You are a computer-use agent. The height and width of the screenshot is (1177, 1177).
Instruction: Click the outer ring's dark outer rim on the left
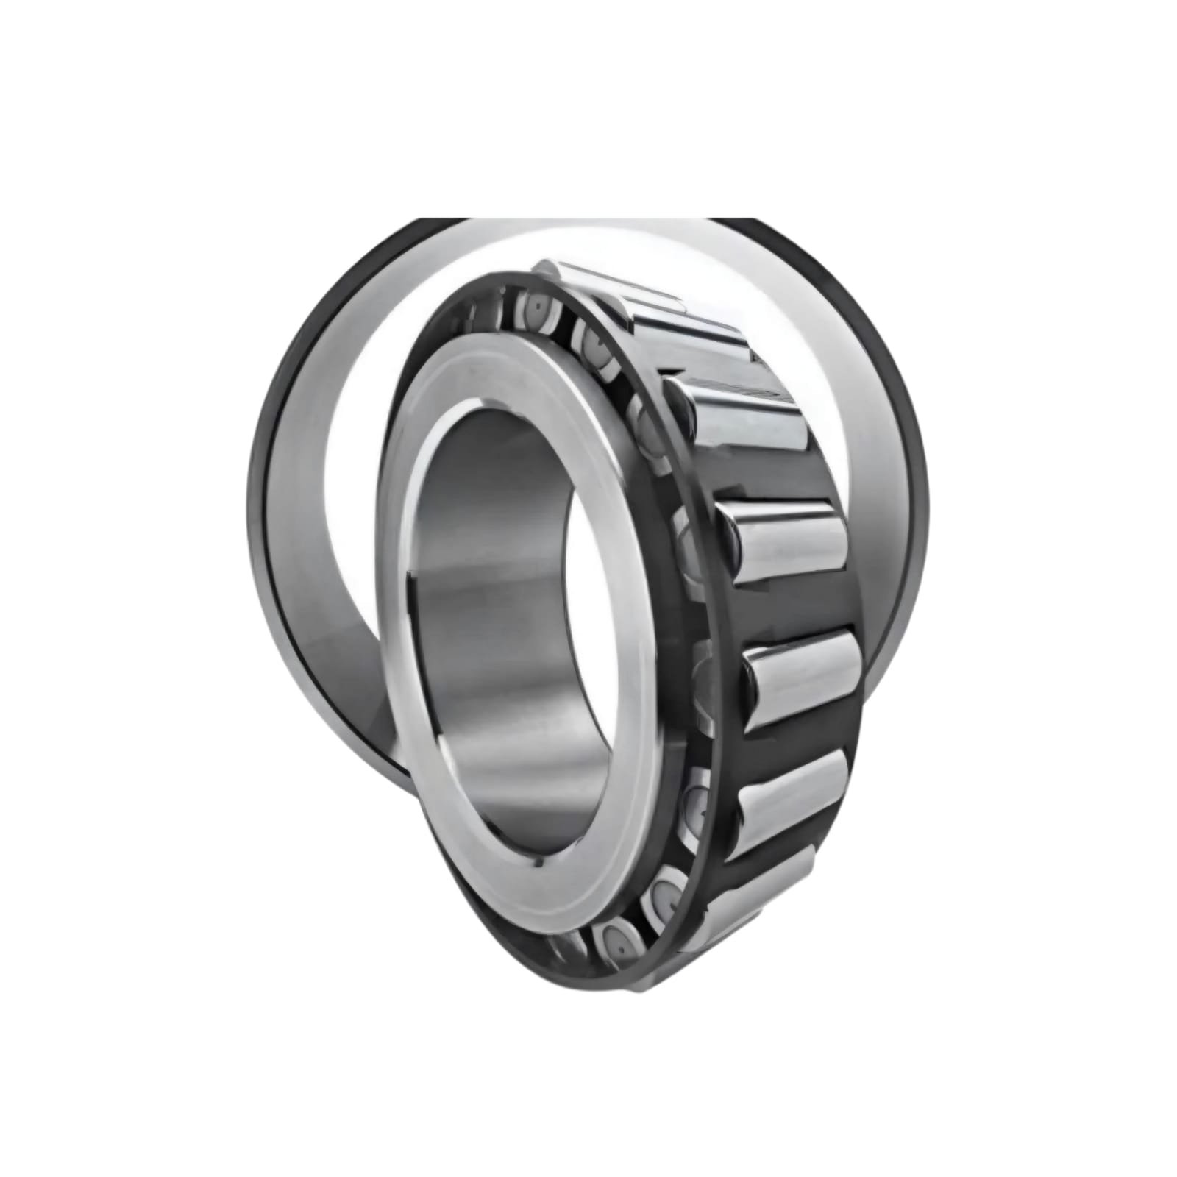[x=257, y=515]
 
